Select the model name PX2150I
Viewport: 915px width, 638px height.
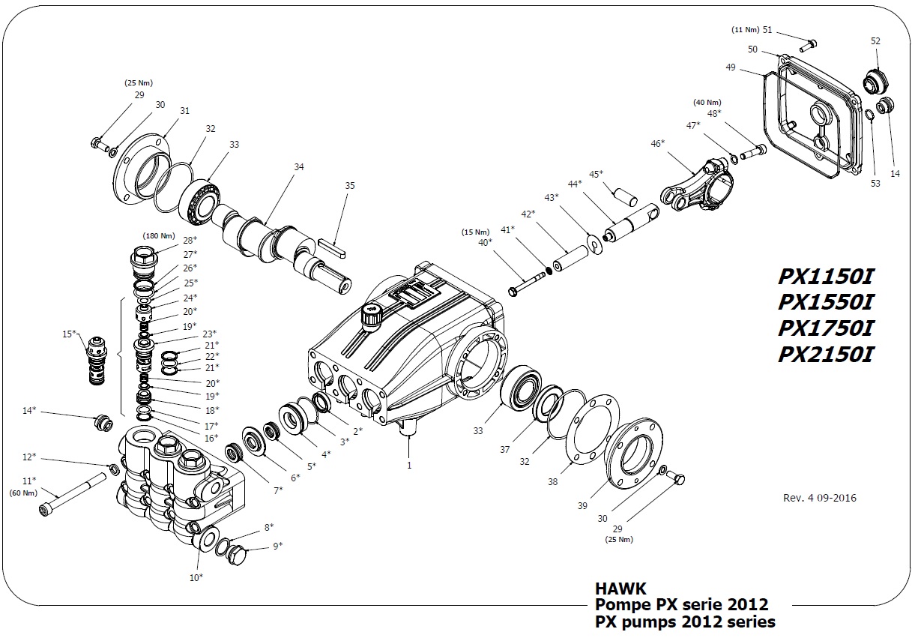click(825, 354)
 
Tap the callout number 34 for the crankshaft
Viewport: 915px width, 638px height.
click(299, 167)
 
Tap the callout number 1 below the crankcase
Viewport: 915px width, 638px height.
click(409, 465)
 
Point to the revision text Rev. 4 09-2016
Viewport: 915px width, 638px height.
click(819, 498)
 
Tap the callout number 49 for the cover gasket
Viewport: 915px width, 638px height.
click(731, 67)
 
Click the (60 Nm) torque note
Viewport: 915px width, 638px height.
click(23, 493)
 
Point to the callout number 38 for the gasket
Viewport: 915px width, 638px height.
click(552, 482)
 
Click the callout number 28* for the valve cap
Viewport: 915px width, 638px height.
click(190, 240)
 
